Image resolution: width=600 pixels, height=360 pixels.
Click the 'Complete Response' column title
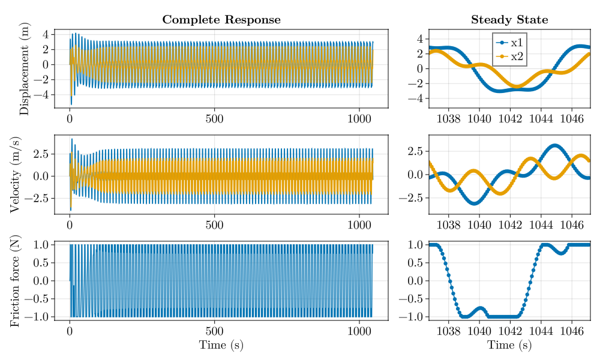221,20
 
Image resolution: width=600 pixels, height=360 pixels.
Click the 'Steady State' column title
509,20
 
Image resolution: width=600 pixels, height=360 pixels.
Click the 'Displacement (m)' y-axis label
25,68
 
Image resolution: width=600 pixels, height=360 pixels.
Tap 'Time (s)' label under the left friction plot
221,345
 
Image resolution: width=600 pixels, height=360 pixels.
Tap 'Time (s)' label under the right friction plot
509,345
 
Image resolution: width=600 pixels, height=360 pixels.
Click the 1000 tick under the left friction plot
361,329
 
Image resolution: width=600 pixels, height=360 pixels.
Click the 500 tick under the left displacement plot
215,118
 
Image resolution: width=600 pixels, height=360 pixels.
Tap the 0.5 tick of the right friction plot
415,263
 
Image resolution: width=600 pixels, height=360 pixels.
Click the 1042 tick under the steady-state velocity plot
510,224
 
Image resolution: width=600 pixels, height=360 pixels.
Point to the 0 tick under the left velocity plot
70,224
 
